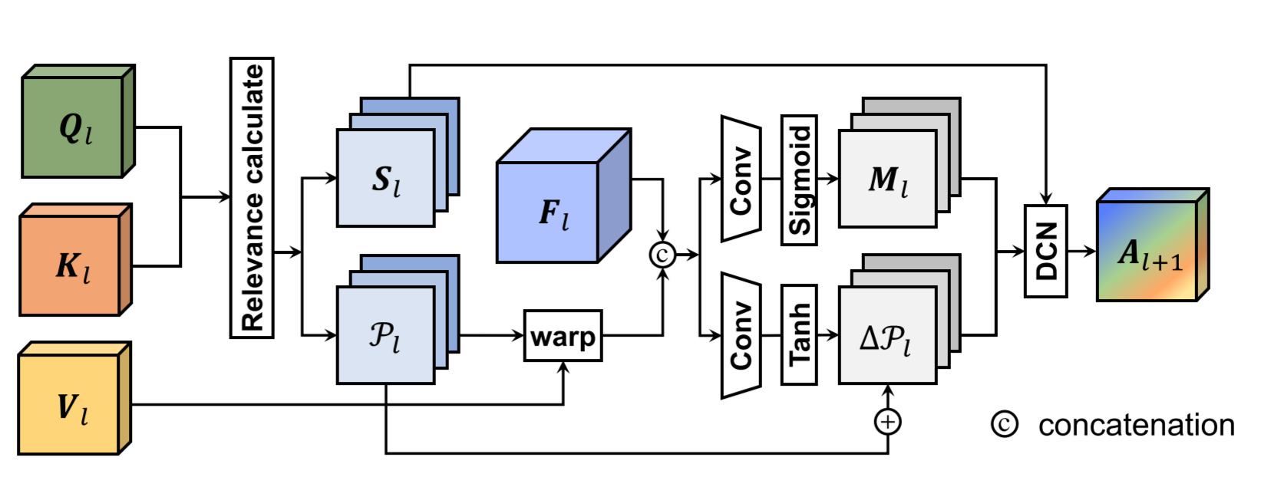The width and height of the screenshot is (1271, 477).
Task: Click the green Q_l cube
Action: [x=73, y=127]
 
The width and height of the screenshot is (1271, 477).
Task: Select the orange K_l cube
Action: [x=71, y=265]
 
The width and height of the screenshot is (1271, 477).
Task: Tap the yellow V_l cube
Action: [x=69, y=405]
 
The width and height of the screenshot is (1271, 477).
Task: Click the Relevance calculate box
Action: [x=252, y=198]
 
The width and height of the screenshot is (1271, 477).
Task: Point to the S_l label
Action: [x=386, y=180]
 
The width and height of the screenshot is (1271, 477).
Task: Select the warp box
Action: [x=563, y=336]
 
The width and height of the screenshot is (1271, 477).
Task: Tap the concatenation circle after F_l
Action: [x=662, y=254]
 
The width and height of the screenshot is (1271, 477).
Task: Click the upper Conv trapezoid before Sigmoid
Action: [x=740, y=179]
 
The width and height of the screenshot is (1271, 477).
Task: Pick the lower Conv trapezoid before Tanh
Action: [x=740, y=335]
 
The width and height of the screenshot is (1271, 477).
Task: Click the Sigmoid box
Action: [x=799, y=180]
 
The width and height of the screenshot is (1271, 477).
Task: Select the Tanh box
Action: [x=799, y=335]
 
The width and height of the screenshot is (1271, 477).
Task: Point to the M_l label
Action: [x=888, y=180]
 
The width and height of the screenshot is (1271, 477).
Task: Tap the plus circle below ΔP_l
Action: [x=887, y=421]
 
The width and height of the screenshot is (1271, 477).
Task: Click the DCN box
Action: [x=1045, y=251]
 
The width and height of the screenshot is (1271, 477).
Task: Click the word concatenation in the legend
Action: [x=1136, y=425]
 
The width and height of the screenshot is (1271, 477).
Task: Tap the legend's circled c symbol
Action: [x=1004, y=424]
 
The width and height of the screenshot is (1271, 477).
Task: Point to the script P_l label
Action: [x=384, y=336]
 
